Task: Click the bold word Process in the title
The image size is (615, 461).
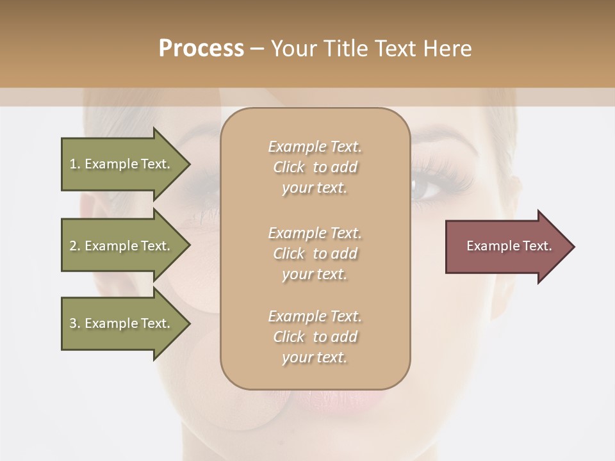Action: pyautogui.click(x=201, y=49)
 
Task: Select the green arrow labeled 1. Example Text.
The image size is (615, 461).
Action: pyautogui.click(x=122, y=164)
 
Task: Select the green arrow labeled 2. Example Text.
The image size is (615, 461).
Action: pyautogui.click(x=122, y=246)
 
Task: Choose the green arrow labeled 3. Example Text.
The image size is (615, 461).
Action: pyautogui.click(x=122, y=323)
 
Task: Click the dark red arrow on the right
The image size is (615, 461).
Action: pyautogui.click(x=506, y=247)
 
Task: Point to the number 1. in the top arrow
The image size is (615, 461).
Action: pyautogui.click(x=75, y=164)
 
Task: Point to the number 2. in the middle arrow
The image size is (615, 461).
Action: pyautogui.click(x=75, y=246)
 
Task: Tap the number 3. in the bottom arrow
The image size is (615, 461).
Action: pyautogui.click(x=75, y=323)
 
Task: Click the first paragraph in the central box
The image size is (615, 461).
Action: pyautogui.click(x=315, y=167)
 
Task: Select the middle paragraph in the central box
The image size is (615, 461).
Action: pyautogui.click(x=315, y=254)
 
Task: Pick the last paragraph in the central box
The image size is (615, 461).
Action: pyautogui.click(x=315, y=337)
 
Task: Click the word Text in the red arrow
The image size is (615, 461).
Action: pyautogui.click(x=537, y=246)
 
